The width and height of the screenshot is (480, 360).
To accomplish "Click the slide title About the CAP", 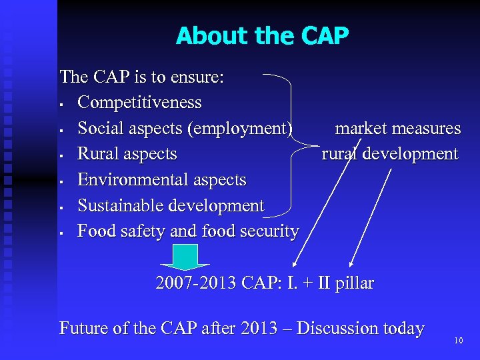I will coord(262,36).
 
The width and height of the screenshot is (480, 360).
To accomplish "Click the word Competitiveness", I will coord(139,103).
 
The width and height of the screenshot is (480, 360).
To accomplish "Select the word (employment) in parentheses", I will coord(241,128).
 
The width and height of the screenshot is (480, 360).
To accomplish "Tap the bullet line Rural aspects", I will coord(127,154).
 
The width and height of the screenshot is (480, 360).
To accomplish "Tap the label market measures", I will coord(397,128).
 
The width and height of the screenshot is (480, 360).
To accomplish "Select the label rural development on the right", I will coord(390,154).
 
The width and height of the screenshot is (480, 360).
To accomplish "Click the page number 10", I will coord(458,341).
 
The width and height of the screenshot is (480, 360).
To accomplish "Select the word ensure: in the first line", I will coord(197,77).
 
